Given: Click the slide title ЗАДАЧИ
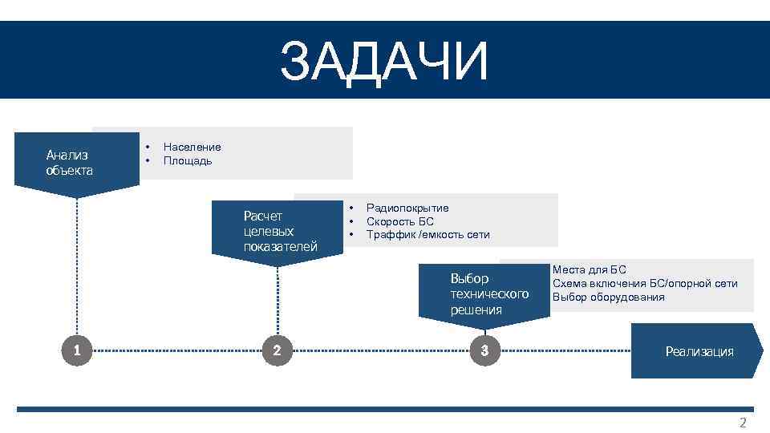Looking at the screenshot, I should click(x=384, y=62).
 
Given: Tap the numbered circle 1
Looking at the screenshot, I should click(x=76, y=350).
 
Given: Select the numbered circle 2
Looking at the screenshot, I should click(x=277, y=350).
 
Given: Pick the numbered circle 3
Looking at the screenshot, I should click(x=484, y=350).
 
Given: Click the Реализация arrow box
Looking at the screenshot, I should click(x=698, y=351).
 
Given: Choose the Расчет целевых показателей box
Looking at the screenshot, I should click(x=279, y=231).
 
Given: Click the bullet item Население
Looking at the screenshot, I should click(x=192, y=147).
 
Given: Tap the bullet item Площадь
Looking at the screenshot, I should click(x=188, y=160).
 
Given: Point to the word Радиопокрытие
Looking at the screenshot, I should click(x=407, y=208).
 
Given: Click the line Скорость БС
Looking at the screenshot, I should click(x=399, y=221).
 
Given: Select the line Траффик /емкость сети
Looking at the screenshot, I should click(x=428, y=235).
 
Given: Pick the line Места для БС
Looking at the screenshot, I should click(x=589, y=270).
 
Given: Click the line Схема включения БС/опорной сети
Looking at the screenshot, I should click(x=644, y=284).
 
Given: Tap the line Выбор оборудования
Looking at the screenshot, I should click(x=608, y=297).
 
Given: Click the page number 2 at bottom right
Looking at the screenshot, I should click(x=742, y=423).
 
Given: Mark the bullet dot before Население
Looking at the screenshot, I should click(x=148, y=147).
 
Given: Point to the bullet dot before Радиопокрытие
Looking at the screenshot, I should click(x=351, y=208).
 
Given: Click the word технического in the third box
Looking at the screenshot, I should click(x=489, y=294).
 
